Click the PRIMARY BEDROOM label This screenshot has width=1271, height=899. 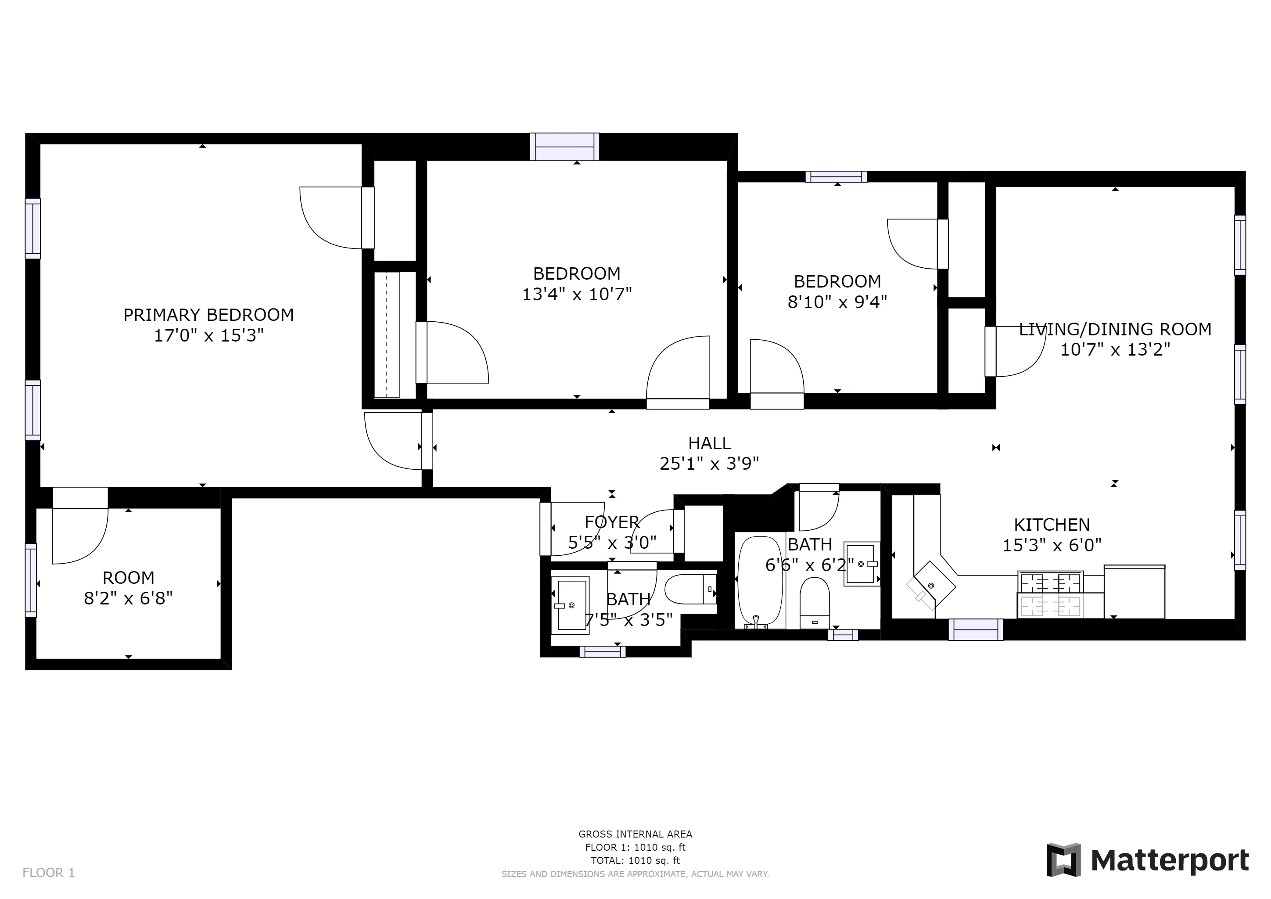(208, 315)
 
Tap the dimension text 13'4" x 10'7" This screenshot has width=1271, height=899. (577, 294)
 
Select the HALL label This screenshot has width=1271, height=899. (709, 443)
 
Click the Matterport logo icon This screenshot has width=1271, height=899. (1063, 860)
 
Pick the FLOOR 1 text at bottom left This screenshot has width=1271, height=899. (49, 873)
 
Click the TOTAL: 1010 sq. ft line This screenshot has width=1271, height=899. (635, 860)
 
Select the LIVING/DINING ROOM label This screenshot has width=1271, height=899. (1115, 329)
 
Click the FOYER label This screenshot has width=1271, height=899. (612, 522)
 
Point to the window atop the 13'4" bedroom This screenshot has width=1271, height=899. (564, 147)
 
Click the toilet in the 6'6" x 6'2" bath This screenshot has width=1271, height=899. (814, 602)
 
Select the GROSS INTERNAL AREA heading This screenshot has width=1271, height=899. (635, 834)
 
